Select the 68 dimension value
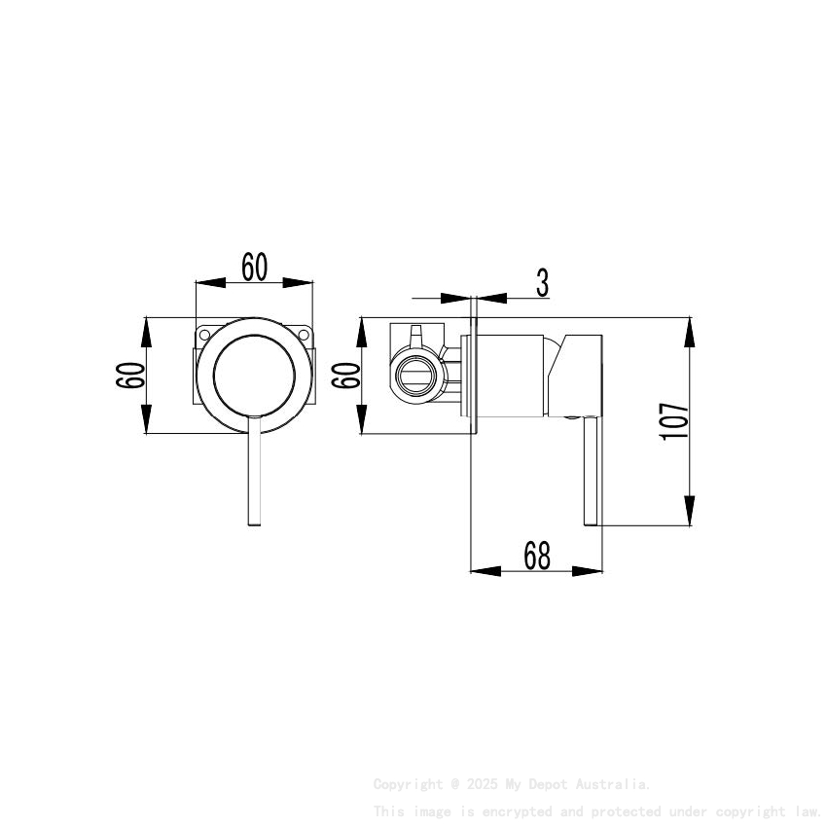pyautogui.click(x=537, y=556)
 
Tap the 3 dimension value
pyautogui.click(x=542, y=283)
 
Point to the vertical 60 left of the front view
pyautogui.click(x=130, y=375)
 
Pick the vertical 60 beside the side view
pyautogui.click(x=345, y=375)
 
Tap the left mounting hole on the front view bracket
pyautogui.click(x=205, y=336)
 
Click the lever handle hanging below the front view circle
pyautogui.click(x=254, y=477)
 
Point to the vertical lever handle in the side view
pyautogui.click(x=590, y=473)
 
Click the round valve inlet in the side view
pyautogui.click(x=416, y=375)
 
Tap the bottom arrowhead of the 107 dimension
pyautogui.click(x=689, y=512)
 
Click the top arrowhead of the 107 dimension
pyautogui.click(x=689, y=331)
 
